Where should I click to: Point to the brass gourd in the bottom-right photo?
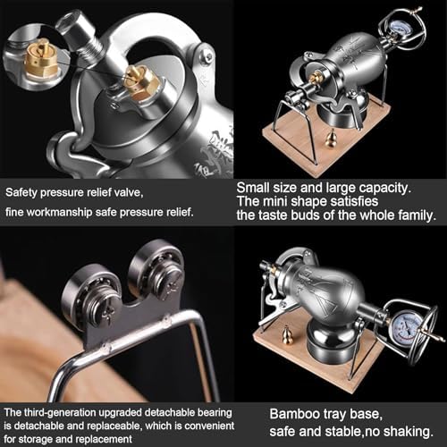(288, 334)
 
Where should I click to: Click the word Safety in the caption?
(22, 191)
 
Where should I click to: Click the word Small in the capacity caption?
(254, 188)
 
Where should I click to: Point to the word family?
(412, 215)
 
